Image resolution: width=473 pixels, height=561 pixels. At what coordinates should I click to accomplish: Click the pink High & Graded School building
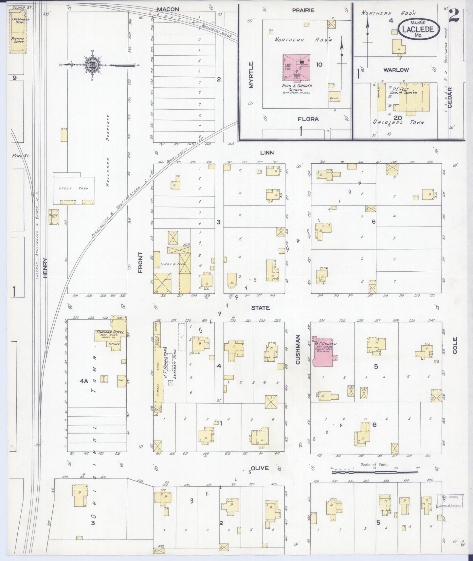tap(296, 67)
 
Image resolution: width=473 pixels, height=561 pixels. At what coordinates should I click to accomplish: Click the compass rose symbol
tap(91, 65)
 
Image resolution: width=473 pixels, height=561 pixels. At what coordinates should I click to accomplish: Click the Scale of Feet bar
tap(375, 472)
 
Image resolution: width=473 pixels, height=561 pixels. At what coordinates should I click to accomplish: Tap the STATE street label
tap(260, 308)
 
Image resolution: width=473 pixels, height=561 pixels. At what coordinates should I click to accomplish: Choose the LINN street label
tap(267, 153)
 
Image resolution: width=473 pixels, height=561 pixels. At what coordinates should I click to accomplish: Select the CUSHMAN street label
tap(298, 349)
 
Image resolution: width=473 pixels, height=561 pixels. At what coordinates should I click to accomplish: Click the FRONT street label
tap(141, 262)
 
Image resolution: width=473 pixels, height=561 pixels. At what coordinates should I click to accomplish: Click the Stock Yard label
tap(74, 188)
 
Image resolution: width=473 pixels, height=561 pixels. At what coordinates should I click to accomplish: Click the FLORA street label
tap(308, 119)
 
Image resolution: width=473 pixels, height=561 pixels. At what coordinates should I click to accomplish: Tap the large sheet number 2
tap(454, 16)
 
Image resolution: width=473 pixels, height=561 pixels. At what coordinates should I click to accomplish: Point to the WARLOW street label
tap(396, 70)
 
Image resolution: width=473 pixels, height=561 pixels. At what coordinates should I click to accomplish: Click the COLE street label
tap(455, 345)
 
